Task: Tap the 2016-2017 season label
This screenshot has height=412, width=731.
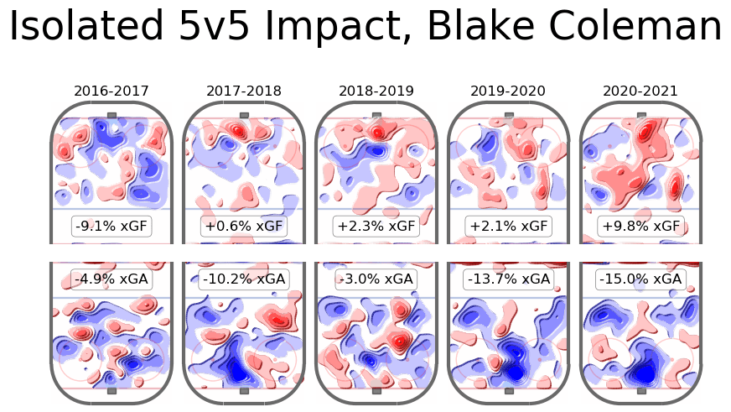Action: tap(111, 91)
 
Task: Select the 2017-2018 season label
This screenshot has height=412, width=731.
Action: tap(244, 91)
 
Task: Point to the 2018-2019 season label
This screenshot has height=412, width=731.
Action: tap(376, 91)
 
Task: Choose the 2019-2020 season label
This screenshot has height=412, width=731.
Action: tap(508, 91)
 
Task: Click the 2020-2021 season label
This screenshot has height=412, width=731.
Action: tap(640, 91)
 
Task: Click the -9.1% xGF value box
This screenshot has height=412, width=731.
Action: tap(111, 227)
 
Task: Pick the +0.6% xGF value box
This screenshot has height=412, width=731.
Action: tap(244, 227)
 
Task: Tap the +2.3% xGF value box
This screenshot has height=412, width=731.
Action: tap(376, 227)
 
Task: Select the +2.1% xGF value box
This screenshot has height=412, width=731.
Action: tap(508, 227)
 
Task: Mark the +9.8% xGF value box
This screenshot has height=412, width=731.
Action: tap(640, 227)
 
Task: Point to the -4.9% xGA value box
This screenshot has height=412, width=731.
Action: tap(111, 279)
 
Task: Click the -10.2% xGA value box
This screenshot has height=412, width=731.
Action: tap(244, 279)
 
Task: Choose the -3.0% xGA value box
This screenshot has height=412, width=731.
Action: tap(376, 279)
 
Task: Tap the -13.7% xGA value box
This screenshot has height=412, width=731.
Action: tap(508, 279)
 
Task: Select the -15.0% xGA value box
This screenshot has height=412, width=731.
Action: tap(640, 279)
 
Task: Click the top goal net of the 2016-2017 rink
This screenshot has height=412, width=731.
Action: tap(111, 115)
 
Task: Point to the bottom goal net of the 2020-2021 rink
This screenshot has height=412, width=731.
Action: tap(641, 391)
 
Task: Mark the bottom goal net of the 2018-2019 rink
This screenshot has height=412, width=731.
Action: tap(376, 391)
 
